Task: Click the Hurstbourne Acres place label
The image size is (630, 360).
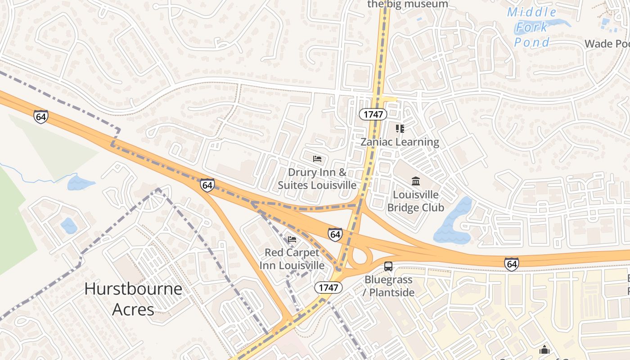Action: click(x=133, y=298)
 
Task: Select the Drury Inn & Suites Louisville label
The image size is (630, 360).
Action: click(x=317, y=179)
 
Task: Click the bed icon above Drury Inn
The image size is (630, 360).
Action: click(x=317, y=159)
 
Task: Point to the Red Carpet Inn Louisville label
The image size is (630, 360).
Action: click(x=292, y=259)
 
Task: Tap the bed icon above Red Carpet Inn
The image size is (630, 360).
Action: click(x=292, y=239)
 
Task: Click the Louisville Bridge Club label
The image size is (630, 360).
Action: click(x=415, y=201)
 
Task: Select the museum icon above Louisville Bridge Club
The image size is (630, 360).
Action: click(x=416, y=181)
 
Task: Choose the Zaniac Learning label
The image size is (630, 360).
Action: click(x=400, y=142)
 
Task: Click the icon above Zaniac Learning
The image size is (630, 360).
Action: click(x=400, y=129)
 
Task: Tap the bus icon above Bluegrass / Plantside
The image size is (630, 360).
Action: click(x=388, y=266)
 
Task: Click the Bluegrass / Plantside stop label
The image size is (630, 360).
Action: click(x=389, y=286)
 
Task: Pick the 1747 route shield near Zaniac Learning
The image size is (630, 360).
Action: click(x=373, y=114)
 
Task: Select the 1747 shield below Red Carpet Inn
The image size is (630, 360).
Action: click(x=328, y=288)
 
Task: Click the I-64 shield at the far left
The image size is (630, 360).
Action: click(x=40, y=117)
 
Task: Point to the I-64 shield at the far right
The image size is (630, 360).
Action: click(x=511, y=264)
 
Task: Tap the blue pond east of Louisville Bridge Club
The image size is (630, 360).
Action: click(x=452, y=220)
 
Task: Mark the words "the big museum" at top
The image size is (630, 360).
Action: click(x=408, y=4)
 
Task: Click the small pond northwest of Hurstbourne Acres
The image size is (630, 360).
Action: click(x=69, y=226)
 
